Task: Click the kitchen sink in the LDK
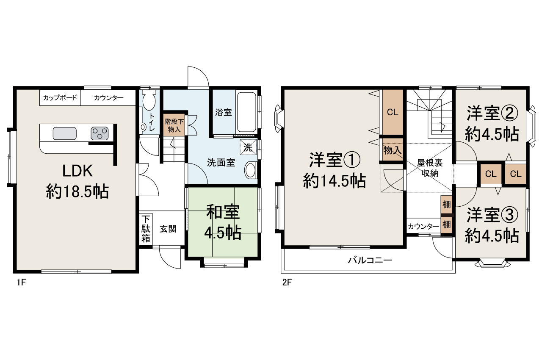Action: pos(65,133)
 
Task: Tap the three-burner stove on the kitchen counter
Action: pos(100,133)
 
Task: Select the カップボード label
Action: pos(60,98)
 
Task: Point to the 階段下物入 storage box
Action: pos(174,125)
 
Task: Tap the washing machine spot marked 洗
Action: pos(248,147)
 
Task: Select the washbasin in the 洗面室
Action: pos(251,170)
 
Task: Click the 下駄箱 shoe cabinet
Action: pos(146,229)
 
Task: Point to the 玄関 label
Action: pos(168,229)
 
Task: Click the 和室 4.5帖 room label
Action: pos(223,222)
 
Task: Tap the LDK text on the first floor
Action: pos(77,171)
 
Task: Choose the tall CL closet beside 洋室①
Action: pos(393,112)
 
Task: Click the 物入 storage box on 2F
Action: pos(393,150)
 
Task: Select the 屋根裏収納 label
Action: pos(430,168)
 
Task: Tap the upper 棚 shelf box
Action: pos(446,205)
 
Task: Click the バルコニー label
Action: pos(370,260)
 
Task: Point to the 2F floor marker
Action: pos(287,282)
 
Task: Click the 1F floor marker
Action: pos(21,282)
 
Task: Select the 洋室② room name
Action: pos(492,113)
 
